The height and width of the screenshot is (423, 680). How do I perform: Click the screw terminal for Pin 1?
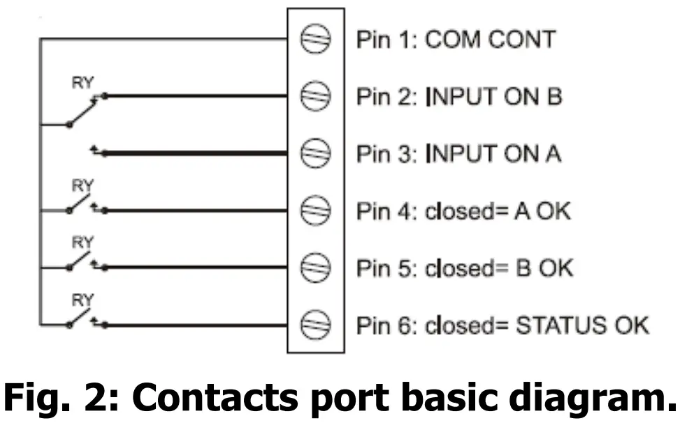(315, 39)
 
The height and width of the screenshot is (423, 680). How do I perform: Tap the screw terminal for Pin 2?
(315, 96)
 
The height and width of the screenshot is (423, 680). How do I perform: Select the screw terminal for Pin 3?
(315, 153)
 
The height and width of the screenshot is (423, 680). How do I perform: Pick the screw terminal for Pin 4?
(315, 210)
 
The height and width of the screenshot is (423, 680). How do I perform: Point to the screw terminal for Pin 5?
(315, 267)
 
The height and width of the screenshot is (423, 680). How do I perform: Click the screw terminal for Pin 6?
(315, 324)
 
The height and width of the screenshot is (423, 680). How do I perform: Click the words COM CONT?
(489, 40)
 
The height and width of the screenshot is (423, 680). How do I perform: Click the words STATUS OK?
(582, 325)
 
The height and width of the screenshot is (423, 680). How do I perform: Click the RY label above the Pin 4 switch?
(82, 186)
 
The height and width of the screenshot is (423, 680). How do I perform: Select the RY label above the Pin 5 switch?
(82, 243)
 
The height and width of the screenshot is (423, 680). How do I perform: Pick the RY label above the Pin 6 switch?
(82, 300)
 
